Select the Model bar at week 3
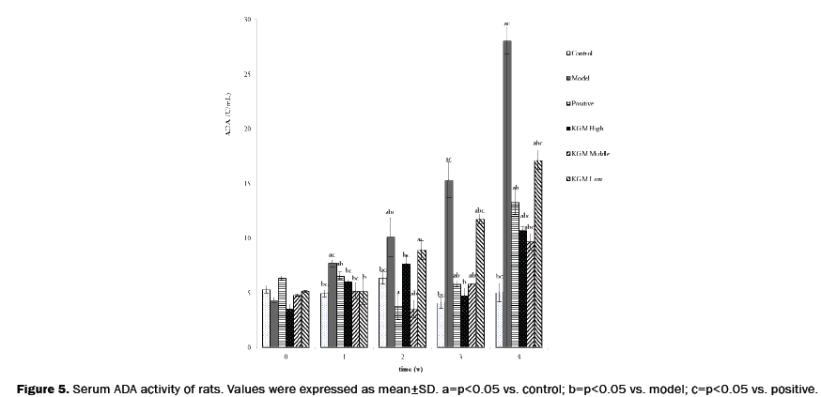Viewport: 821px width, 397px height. point(449,264)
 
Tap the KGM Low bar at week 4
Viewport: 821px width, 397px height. point(537,253)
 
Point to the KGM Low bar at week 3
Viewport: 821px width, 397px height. point(480,282)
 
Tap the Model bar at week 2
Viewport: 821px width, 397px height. point(391,292)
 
